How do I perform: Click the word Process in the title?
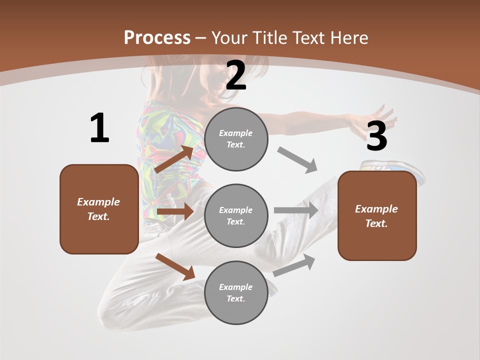(157, 37)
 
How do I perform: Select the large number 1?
(99, 128)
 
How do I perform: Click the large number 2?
(236, 76)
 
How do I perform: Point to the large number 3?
(376, 136)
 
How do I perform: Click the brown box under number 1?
(99, 209)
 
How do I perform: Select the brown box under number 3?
(377, 216)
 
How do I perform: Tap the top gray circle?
(236, 139)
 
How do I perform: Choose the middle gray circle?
(236, 215)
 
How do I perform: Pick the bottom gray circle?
(236, 292)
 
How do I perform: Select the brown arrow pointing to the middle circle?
(175, 211)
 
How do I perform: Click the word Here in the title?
(348, 37)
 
